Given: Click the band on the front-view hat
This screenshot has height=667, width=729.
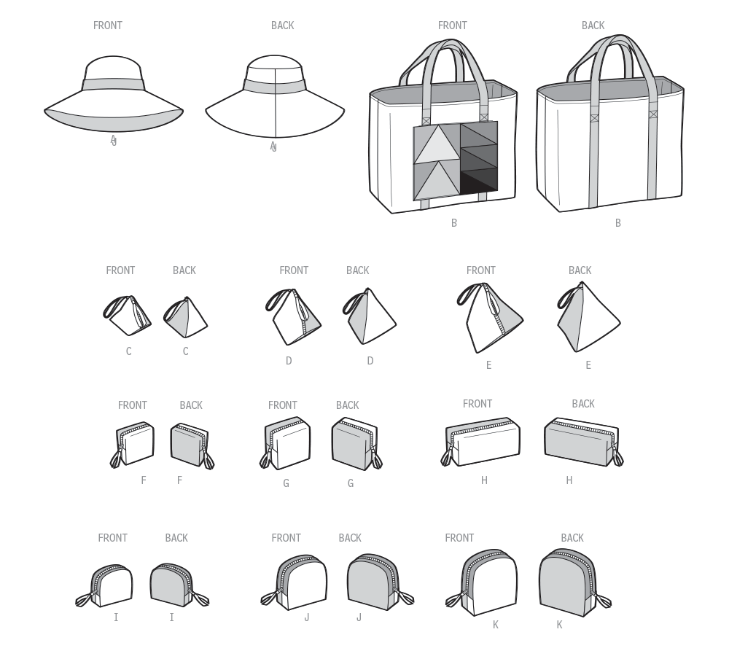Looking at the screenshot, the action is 114,85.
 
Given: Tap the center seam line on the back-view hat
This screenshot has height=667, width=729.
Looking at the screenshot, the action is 276,103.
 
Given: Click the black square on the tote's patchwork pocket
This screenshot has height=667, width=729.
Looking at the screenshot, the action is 479,182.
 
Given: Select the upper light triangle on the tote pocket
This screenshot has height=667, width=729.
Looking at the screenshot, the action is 437,146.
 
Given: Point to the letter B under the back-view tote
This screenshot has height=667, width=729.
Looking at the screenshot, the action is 618,223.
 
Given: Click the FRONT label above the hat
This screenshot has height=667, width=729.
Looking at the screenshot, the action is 108,26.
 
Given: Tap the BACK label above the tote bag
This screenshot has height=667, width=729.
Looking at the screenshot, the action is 593,26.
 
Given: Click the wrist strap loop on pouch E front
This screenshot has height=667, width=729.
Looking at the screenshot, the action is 470,295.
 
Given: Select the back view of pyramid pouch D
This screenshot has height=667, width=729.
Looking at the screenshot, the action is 369,316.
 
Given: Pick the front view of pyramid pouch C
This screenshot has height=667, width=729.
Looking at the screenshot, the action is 127,315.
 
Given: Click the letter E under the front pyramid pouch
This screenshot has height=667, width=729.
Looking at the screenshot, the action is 488,365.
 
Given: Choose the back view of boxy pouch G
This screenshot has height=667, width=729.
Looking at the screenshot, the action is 356,444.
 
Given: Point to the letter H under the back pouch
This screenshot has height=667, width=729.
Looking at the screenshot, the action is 569,480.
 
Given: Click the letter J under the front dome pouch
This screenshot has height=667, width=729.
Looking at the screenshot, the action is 307,617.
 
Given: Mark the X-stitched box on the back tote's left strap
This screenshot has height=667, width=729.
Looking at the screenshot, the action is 595,118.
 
